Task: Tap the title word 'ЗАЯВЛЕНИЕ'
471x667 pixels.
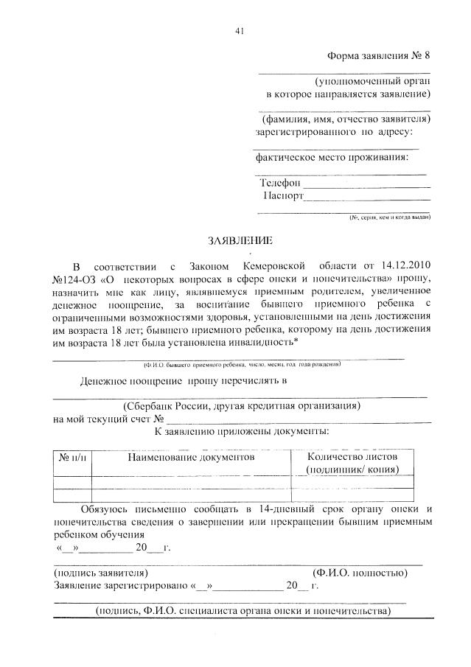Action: [x=240, y=240]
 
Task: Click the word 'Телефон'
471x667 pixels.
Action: [x=279, y=182]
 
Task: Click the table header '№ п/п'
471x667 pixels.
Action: [x=71, y=458]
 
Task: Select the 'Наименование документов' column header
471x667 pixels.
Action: [x=191, y=458]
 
